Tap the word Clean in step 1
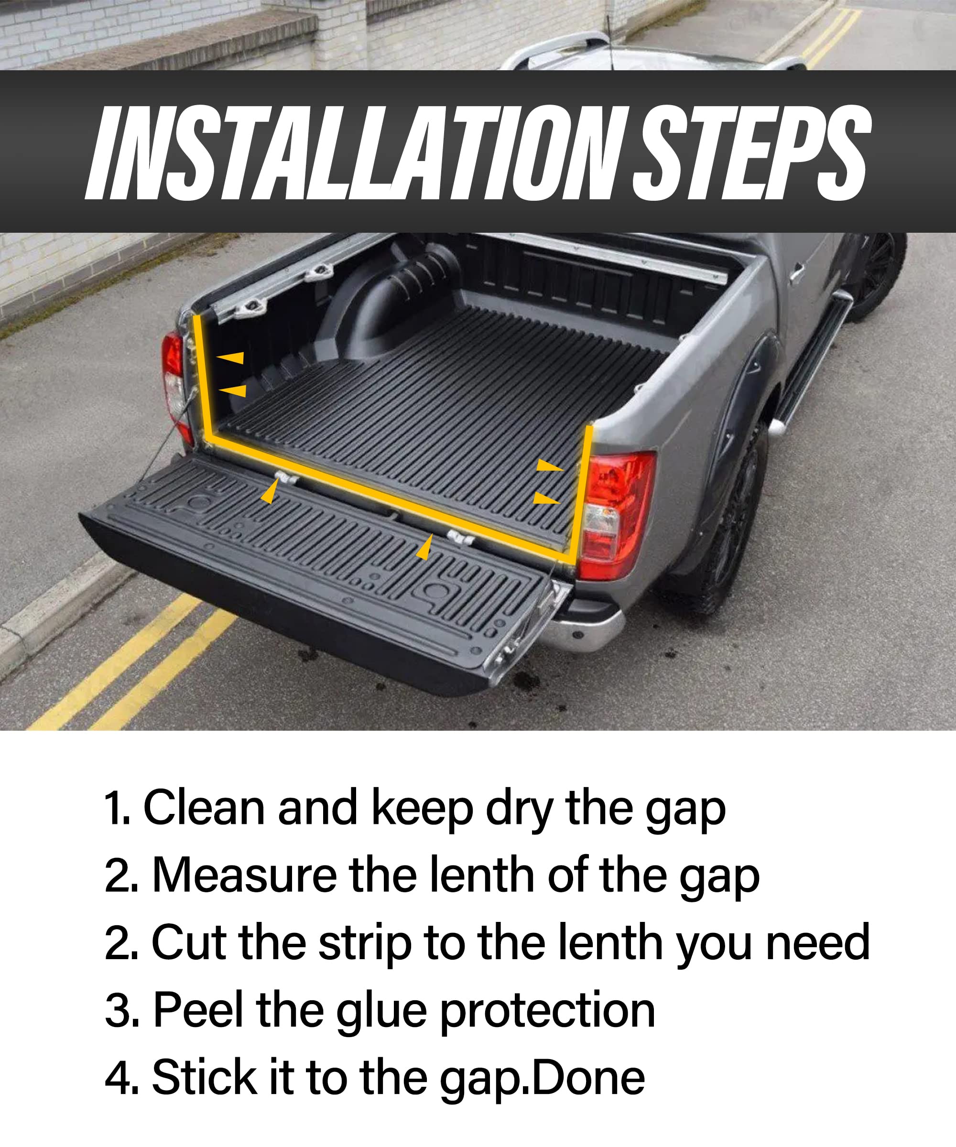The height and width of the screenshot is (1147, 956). click(x=203, y=808)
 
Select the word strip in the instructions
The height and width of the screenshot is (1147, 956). click(x=364, y=944)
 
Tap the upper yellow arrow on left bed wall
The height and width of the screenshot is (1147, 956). click(x=231, y=358)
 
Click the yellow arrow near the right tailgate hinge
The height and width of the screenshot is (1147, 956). click(x=425, y=548)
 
